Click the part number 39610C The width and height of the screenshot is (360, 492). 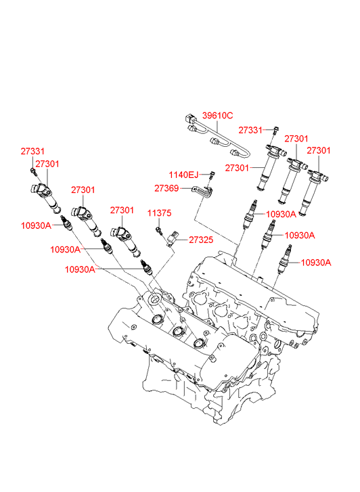pyautogui.click(x=217, y=116)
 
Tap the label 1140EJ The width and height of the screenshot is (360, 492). pyautogui.click(x=183, y=175)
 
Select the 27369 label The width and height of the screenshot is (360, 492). pyautogui.click(x=166, y=188)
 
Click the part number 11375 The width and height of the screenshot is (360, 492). pyautogui.click(x=160, y=213)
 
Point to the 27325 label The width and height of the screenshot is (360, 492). pyautogui.click(x=201, y=240)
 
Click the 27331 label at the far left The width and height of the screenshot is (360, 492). pyautogui.click(x=32, y=151)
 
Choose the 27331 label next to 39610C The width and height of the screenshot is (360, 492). pyautogui.click(x=250, y=130)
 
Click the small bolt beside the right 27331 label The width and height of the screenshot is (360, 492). pyautogui.click(x=275, y=130)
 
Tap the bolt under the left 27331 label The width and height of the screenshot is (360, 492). pyautogui.click(x=33, y=172)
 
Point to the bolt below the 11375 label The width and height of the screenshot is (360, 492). pyautogui.click(x=159, y=231)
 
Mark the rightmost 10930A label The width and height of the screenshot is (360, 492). pyautogui.click(x=316, y=263)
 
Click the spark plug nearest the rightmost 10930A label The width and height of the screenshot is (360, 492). pyautogui.click(x=286, y=259)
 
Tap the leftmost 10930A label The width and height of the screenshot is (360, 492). pyautogui.click(x=36, y=225)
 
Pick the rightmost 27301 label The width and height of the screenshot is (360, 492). pyautogui.click(x=319, y=151)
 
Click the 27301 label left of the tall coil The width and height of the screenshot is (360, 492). pyautogui.click(x=237, y=169)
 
